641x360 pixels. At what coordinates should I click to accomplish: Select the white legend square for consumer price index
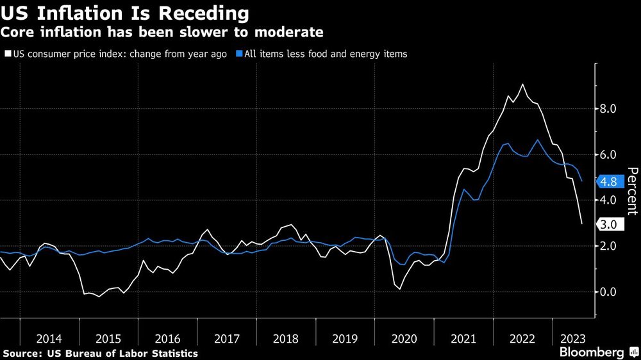(7, 54)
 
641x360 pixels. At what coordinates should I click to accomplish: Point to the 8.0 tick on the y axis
(608, 109)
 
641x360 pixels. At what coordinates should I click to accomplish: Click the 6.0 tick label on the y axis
(608, 154)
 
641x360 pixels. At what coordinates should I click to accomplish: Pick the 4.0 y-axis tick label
(608, 200)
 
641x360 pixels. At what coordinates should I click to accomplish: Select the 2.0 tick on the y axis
(608, 246)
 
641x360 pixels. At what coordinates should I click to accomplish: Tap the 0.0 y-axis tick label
(608, 291)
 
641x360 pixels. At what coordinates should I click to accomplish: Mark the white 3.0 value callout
(609, 224)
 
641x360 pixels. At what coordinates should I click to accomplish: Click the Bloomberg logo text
(591, 352)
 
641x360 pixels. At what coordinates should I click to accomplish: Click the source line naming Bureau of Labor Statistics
(100, 353)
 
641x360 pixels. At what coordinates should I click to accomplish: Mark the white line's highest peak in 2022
(523, 85)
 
